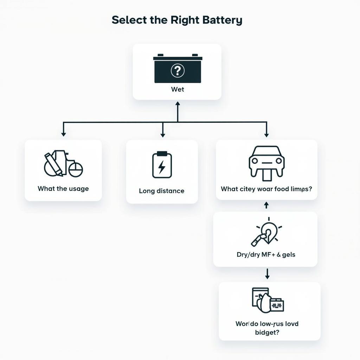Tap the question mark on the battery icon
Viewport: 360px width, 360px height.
(178, 71)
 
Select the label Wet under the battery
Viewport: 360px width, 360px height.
(178, 89)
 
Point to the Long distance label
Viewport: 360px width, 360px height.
(162, 191)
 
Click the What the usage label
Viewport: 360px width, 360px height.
(63, 188)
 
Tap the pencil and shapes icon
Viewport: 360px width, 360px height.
(63, 164)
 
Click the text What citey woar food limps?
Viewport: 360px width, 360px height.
(266, 189)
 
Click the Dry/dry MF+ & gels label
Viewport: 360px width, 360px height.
(266, 255)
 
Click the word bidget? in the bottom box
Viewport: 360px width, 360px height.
(267, 332)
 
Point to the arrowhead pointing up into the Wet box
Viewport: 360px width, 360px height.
(178, 104)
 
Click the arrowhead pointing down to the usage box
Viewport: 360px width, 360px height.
(63, 134)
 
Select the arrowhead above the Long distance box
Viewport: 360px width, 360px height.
(162, 135)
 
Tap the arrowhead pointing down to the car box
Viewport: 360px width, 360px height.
(266, 135)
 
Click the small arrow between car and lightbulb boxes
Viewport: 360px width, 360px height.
(266, 205)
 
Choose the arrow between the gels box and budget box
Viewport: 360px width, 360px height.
(267, 274)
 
